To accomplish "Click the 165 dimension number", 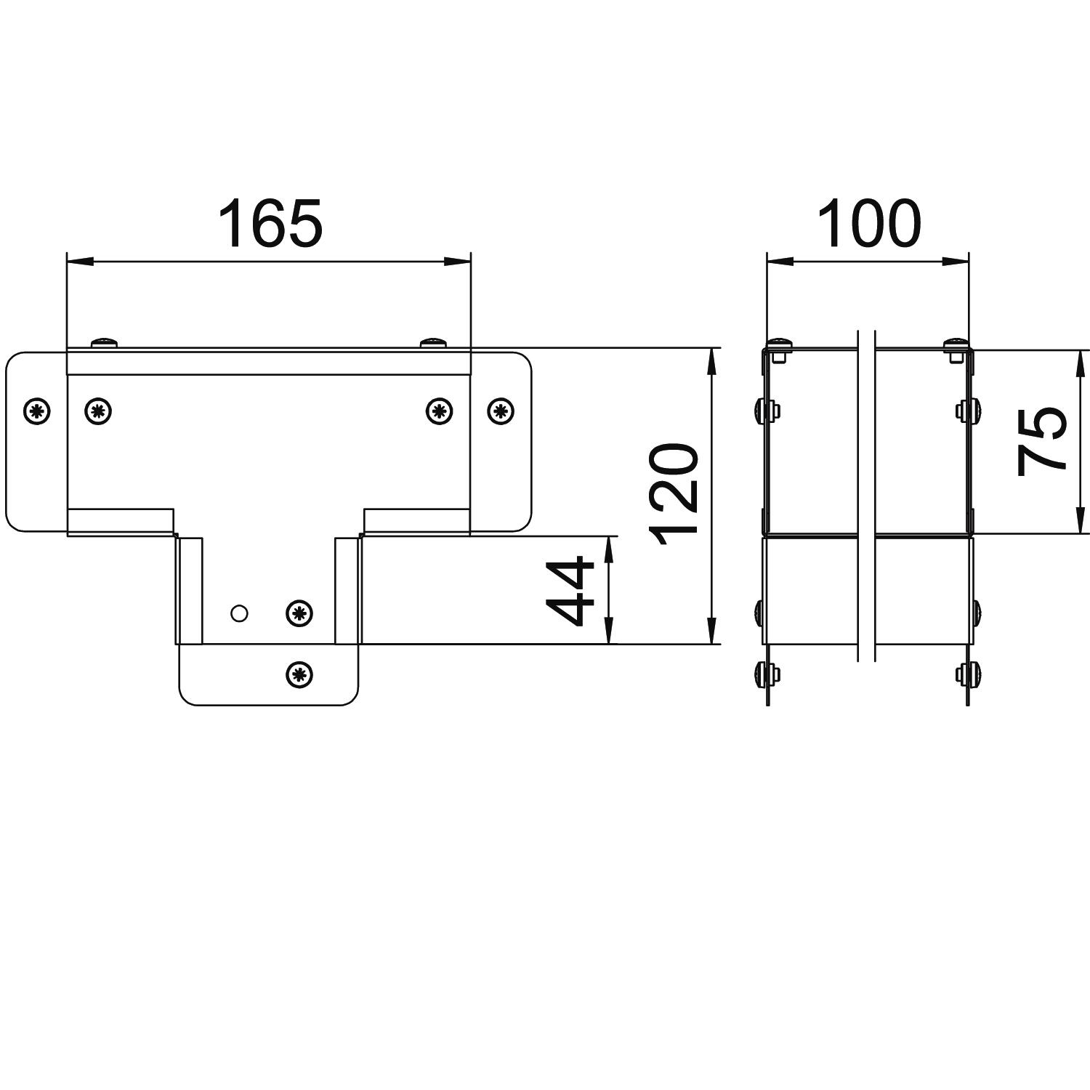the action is click(270, 223).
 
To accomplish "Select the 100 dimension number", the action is click(869, 223).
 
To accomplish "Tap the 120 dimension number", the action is click(675, 494).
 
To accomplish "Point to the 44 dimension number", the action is click(571, 591).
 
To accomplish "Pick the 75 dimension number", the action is click(1041, 441).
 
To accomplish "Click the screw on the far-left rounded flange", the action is click(37, 411).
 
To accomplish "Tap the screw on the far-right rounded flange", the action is click(500, 411).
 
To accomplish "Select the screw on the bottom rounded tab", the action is click(299, 674).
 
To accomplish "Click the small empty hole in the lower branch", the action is click(239, 613).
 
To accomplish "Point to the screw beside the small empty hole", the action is click(299, 613).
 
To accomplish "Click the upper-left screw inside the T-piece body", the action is click(99, 411).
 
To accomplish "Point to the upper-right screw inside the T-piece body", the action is click(438, 411).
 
